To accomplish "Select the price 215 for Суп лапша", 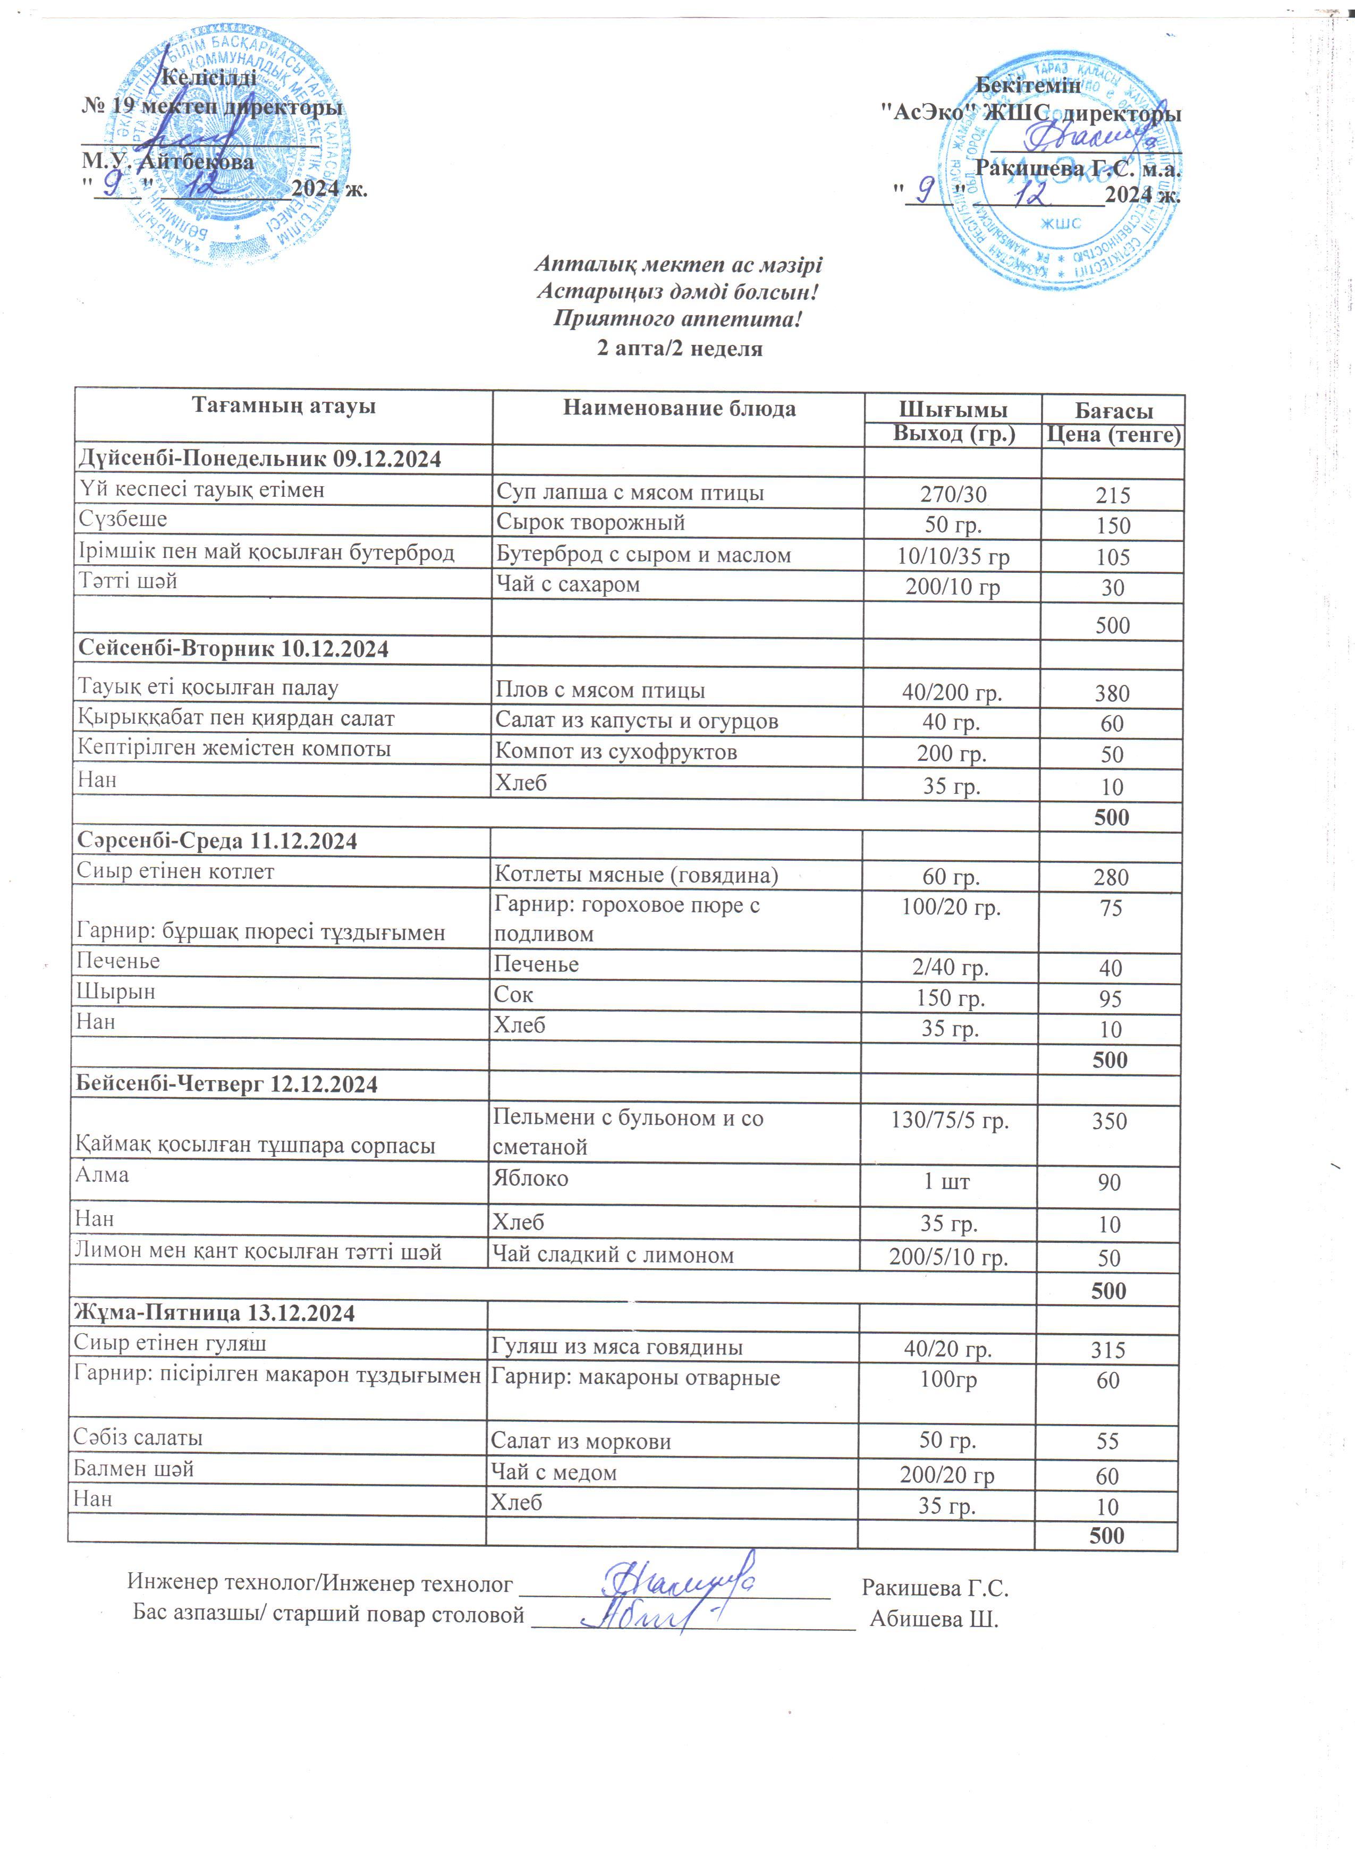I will (x=1113, y=495).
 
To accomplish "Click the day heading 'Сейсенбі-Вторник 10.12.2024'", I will (x=233, y=649).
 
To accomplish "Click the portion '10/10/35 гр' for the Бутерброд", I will (x=953, y=556).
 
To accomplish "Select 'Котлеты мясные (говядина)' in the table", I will (x=636, y=875).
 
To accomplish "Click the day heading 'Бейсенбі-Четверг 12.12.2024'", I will (x=227, y=1084).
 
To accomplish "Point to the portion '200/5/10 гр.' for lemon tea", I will (x=948, y=1258).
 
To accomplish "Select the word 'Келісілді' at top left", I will (x=209, y=78).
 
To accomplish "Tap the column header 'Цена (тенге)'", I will (x=1113, y=435).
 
